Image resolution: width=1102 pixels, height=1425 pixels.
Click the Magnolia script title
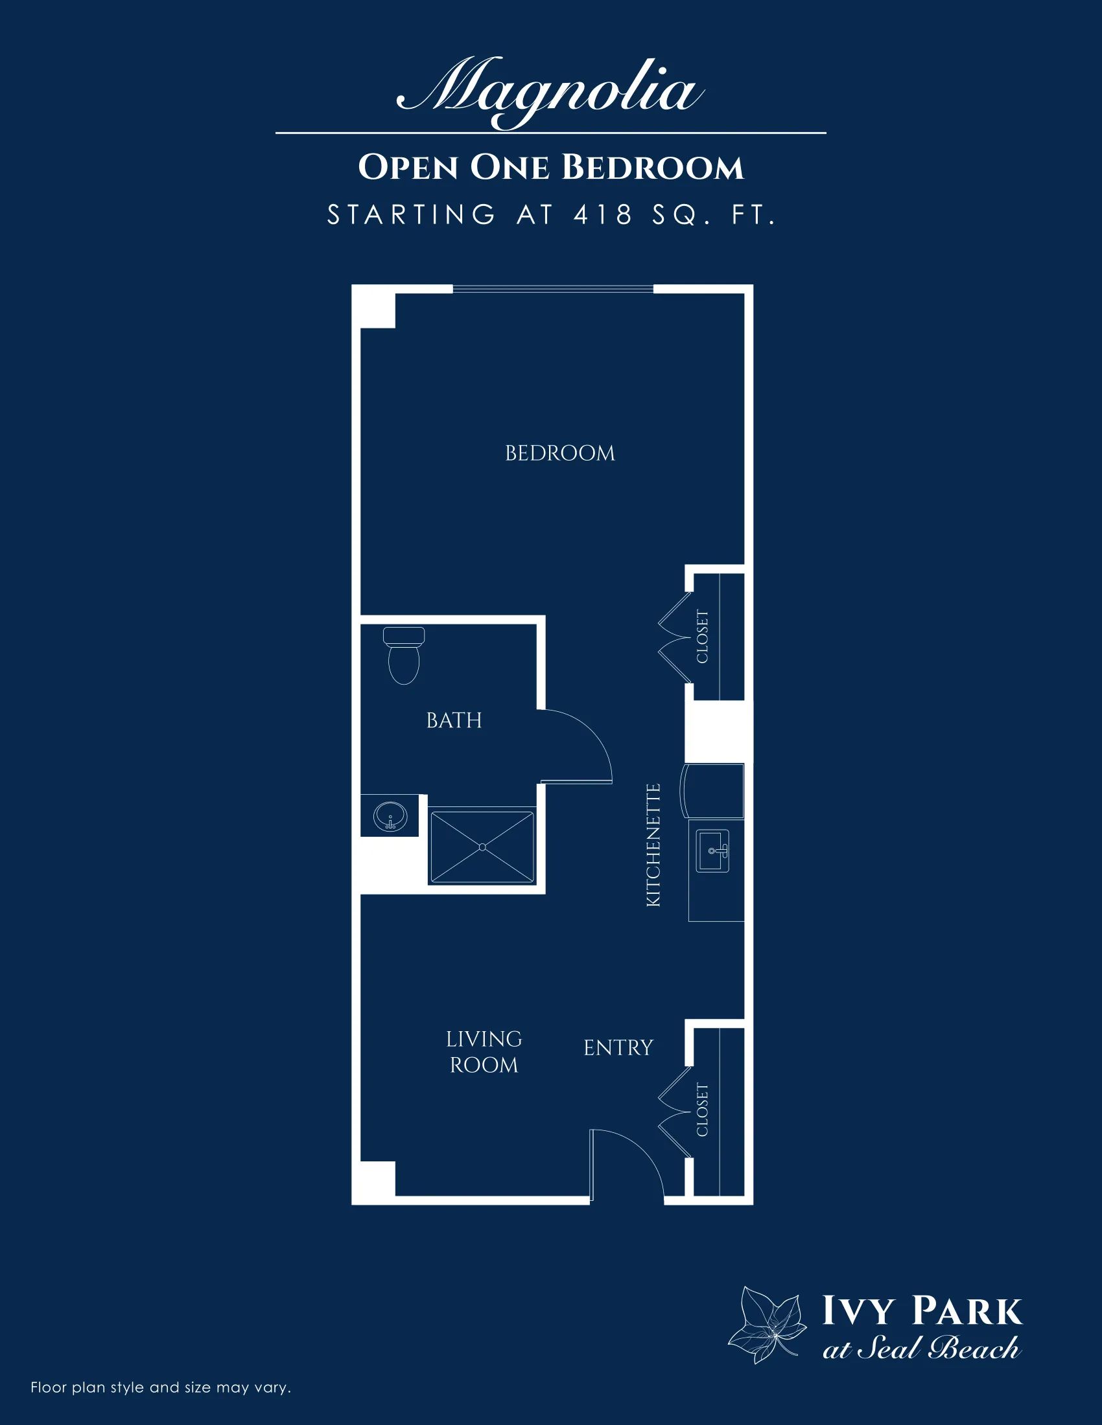(550, 92)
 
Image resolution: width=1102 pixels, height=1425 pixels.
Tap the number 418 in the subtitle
(604, 214)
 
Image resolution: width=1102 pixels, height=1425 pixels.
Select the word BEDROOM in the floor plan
(560, 453)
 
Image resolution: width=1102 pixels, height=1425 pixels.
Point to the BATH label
(454, 720)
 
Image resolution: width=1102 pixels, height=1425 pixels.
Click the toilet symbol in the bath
(403, 655)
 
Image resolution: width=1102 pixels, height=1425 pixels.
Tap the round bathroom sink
(390, 816)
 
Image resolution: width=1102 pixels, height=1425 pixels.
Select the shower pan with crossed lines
(482, 847)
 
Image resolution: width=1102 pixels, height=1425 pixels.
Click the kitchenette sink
(712, 850)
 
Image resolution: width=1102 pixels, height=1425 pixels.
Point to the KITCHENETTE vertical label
(653, 845)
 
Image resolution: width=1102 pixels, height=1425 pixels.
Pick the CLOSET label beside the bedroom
(703, 636)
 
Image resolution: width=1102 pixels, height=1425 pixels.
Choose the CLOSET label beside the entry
(703, 1109)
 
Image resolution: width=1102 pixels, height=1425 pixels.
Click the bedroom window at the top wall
(553, 288)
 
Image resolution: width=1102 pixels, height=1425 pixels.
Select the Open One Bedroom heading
(551, 167)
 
